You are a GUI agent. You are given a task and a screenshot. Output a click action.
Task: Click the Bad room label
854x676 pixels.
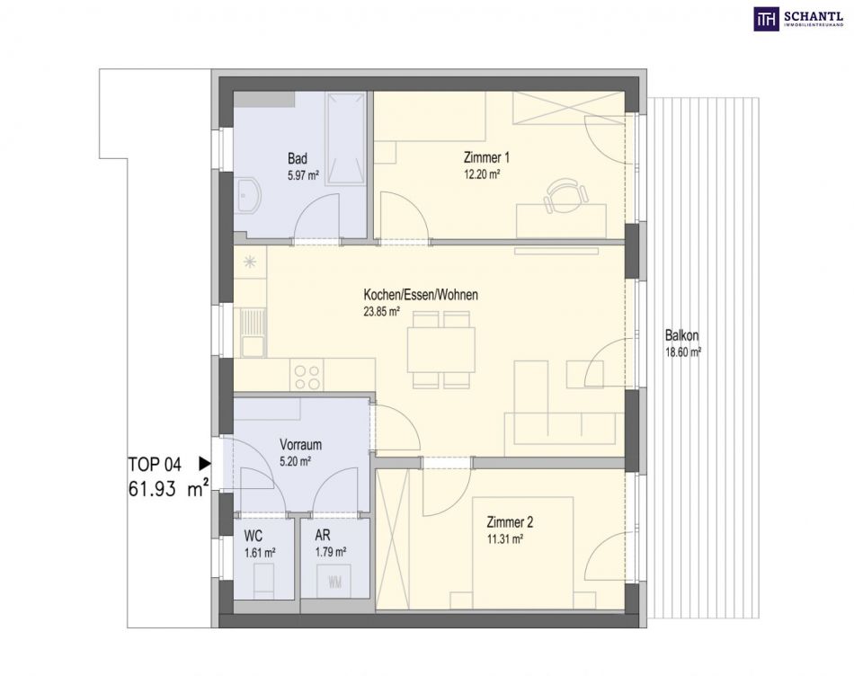tap(298, 158)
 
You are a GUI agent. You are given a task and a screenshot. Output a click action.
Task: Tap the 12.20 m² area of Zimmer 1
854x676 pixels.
tap(482, 175)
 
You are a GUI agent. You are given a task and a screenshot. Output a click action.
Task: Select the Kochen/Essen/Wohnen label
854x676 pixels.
tap(421, 295)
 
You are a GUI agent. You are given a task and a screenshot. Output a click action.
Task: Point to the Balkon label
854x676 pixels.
tap(682, 335)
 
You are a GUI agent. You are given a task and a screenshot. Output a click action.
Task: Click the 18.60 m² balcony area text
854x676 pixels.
tap(683, 351)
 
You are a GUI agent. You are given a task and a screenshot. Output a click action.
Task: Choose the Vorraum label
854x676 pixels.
tap(300, 444)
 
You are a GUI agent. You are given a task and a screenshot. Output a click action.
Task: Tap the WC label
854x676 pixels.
tap(254, 536)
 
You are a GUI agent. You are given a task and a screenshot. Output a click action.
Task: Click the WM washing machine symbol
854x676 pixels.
tap(335, 583)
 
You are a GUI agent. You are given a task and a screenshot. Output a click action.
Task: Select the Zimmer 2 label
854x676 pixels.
tap(510, 522)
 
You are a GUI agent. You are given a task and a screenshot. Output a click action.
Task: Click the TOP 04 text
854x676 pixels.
tap(155, 465)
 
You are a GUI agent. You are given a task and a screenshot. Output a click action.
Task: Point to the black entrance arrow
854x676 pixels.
tap(205, 464)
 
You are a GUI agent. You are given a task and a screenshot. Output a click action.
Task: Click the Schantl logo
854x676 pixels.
tap(798, 19)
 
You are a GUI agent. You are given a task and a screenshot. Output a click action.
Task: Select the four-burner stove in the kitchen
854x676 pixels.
tap(307, 377)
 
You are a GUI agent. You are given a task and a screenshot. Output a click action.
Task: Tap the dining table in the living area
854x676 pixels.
tap(441, 351)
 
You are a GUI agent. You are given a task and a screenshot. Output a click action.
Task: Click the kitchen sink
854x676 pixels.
tap(251, 333)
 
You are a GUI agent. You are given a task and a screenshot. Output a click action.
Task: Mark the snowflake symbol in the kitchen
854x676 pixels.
tap(250, 262)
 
